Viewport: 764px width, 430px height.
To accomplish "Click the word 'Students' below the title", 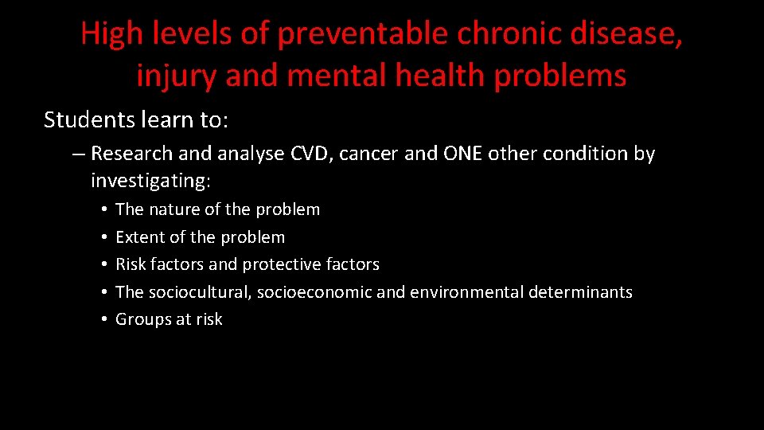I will [x=84, y=119].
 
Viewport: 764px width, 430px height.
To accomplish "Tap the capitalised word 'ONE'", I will [x=462, y=154].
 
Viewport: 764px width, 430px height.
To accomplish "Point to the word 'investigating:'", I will [x=150, y=181].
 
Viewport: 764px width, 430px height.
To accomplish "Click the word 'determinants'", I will [x=580, y=292].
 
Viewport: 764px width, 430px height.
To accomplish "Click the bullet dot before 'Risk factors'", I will [x=104, y=264].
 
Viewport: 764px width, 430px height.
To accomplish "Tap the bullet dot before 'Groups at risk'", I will [x=104, y=319].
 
